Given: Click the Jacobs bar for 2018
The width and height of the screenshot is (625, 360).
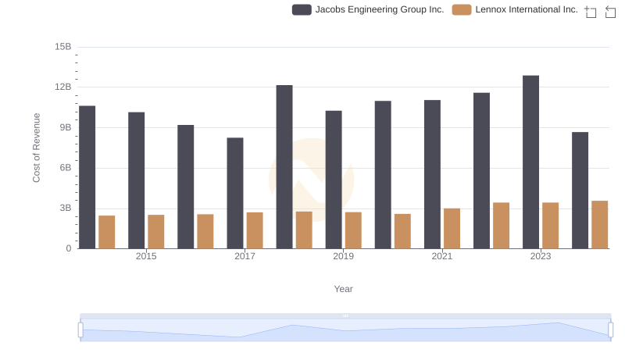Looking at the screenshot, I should (x=284, y=167).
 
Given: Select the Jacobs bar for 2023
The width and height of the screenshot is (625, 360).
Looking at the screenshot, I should (x=531, y=162).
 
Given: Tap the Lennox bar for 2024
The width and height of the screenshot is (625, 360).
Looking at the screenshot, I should (x=600, y=225).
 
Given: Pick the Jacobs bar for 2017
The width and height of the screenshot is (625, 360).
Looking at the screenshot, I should (x=235, y=194).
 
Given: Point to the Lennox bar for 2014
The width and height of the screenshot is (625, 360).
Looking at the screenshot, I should (x=107, y=232).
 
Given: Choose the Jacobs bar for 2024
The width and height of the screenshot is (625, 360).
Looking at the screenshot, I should (x=580, y=191).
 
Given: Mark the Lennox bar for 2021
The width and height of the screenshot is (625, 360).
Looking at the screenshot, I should (x=452, y=229).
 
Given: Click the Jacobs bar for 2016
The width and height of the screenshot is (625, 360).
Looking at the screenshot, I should (x=186, y=187).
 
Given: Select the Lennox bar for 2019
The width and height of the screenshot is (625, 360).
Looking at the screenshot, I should (x=353, y=230).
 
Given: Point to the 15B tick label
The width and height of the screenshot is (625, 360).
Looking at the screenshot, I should (x=63, y=47).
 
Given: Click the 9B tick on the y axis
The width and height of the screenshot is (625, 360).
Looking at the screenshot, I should (x=64, y=127).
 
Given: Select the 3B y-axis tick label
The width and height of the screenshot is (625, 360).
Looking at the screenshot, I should (x=64, y=209).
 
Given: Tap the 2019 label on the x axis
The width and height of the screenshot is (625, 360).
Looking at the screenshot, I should (x=343, y=256).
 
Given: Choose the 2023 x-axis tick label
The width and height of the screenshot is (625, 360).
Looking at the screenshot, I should (x=541, y=256).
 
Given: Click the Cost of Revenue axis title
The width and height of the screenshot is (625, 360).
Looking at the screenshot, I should (x=37, y=148).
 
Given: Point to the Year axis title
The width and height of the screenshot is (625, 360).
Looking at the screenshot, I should (x=344, y=289).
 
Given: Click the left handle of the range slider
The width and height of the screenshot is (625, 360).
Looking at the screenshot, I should (x=80, y=330).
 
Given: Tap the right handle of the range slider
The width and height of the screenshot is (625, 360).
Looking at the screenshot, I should (x=610, y=330).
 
